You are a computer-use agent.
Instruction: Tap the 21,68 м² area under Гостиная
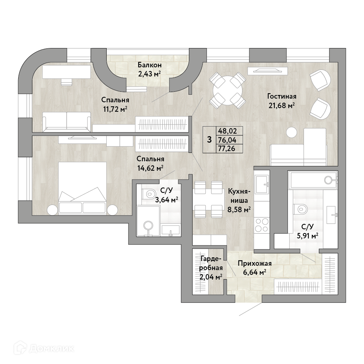(282, 106)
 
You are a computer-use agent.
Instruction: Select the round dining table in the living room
(227, 90)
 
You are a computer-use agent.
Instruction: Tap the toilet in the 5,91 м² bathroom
(300, 209)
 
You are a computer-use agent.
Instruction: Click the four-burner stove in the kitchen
(262, 225)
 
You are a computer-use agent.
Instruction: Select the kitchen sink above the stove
(262, 184)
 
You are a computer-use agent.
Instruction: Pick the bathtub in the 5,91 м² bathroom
(313, 180)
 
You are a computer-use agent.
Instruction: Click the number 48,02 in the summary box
(227, 131)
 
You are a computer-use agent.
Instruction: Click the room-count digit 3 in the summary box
(209, 140)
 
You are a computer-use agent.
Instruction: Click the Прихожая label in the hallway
(255, 264)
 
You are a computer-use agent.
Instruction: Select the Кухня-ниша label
(239, 196)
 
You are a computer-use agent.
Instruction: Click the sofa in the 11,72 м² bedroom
(67, 120)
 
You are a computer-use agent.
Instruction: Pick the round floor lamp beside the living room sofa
(292, 132)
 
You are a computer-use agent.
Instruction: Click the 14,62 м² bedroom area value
(150, 168)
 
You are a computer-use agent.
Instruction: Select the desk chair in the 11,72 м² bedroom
(66, 82)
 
